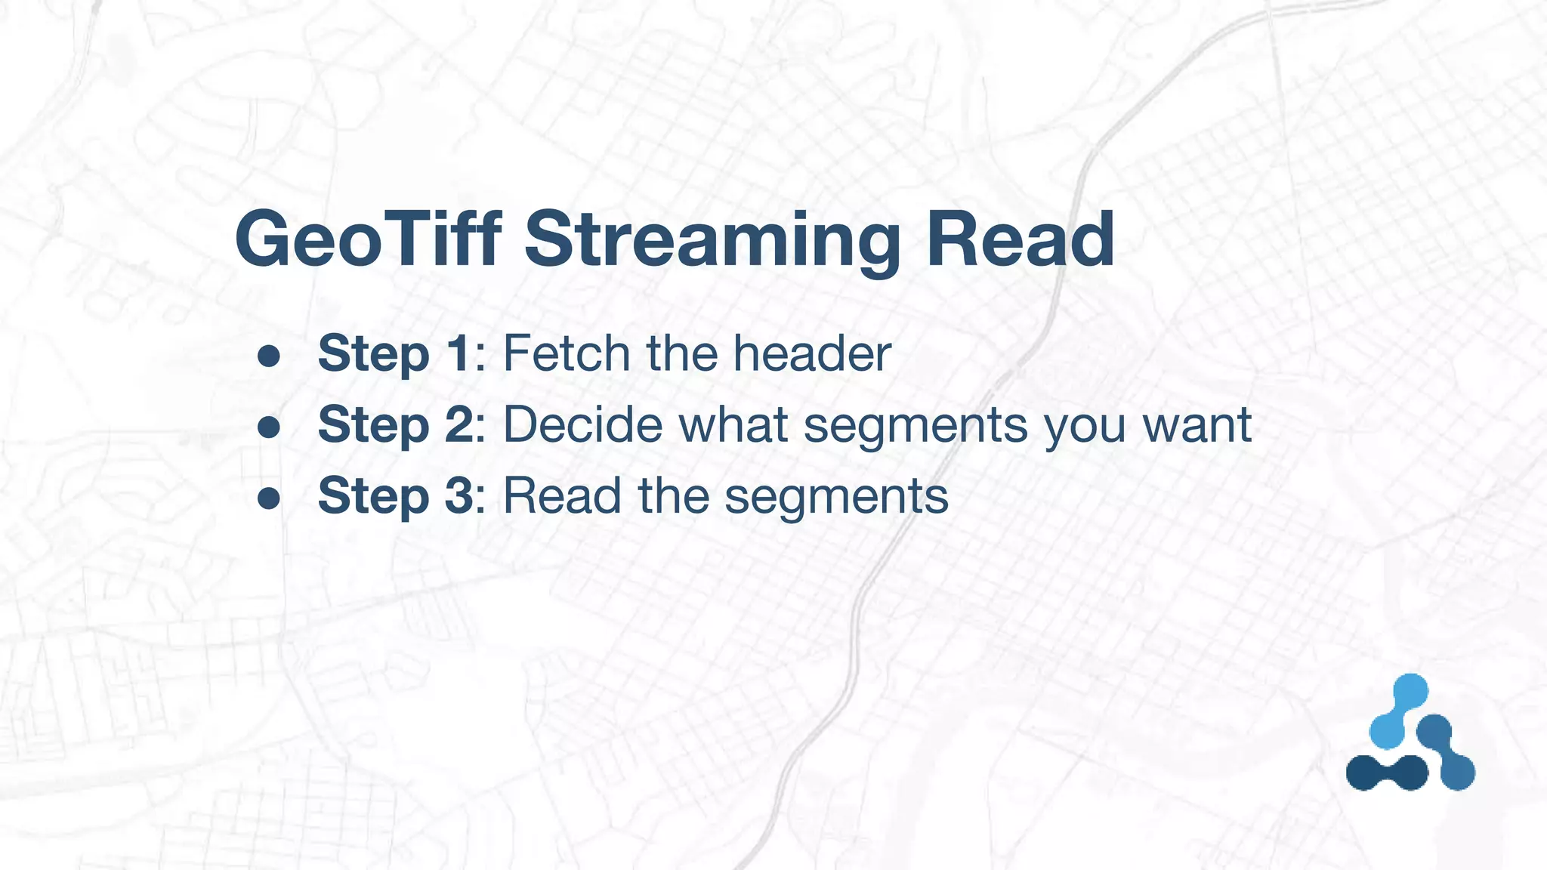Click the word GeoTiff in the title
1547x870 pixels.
tap(368, 239)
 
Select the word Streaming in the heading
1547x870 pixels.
tap(712, 239)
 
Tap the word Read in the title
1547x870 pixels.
tap(1020, 239)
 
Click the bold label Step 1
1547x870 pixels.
tap(394, 353)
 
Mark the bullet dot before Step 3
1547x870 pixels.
tap(269, 499)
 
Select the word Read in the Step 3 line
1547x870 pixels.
tap(563, 496)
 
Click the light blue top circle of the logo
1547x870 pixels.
tap(1410, 691)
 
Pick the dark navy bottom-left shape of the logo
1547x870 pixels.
tap(1387, 773)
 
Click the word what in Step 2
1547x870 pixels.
tap(733, 424)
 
